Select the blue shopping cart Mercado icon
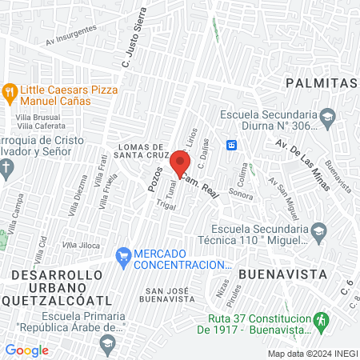[122, 256]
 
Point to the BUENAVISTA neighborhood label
[283, 274]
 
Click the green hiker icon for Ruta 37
[321, 320]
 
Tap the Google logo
[26, 350]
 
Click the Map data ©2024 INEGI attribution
[311, 353]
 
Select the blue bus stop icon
[232, 145]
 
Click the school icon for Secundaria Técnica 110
[318, 231]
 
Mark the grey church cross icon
[6, 167]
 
